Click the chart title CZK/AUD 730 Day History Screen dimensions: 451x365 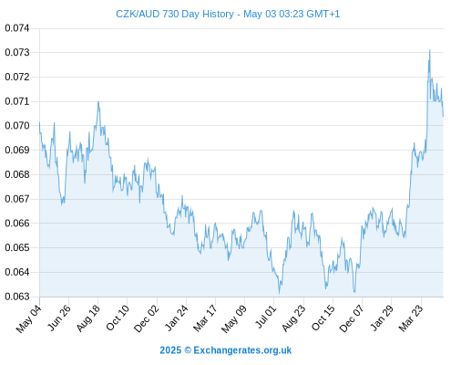tap(175, 14)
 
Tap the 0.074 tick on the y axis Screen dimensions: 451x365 tap(17, 28)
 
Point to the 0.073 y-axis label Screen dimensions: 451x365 tap(17, 53)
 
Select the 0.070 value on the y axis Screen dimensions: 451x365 tap(17, 126)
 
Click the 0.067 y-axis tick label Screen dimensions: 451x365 tap(17, 199)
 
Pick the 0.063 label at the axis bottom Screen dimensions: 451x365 tap(17, 297)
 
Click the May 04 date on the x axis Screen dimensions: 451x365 tap(29, 318)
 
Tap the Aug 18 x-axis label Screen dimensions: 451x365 tap(87, 318)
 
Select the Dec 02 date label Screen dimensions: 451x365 tap(147, 318)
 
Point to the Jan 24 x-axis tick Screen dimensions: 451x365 tap(177, 318)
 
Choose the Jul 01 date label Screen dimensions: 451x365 tap(266, 317)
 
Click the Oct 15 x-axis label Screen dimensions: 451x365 tap(323, 318)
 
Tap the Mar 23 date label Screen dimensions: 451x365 tap(411, 318)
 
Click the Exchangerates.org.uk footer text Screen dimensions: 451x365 tap(242, 350)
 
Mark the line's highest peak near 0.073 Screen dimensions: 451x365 tap(429, 50)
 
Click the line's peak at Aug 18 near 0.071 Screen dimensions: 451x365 tap(98, 101)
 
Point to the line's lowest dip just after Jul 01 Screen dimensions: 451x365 tap(280, 294)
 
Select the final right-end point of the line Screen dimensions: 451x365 tap(443, 116)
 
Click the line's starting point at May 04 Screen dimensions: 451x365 tap(39, 122)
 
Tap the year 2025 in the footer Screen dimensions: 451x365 tap(170, 350)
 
